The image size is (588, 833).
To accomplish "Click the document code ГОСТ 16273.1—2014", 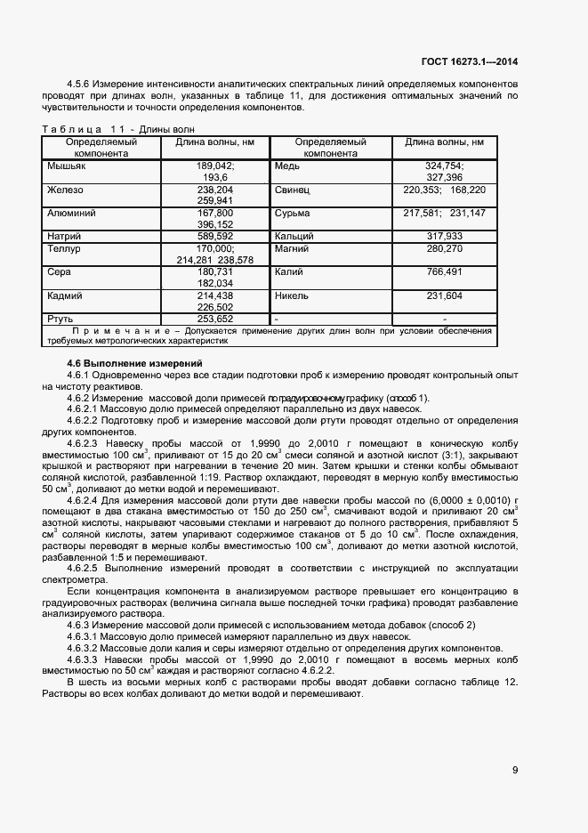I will pos(471,61).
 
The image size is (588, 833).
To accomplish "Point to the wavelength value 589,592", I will pos(215,237).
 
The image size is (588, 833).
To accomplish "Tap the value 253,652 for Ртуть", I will pos(215,318).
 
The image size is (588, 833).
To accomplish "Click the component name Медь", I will pos(287,166).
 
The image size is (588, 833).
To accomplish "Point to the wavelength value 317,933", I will pos(444,237).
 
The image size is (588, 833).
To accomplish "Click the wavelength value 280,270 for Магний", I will pos(444,248).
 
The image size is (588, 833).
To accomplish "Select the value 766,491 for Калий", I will pos(444,271).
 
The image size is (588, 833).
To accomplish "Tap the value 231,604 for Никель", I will pos(444,295).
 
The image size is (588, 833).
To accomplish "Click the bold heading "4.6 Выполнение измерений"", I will pos(135,363).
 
